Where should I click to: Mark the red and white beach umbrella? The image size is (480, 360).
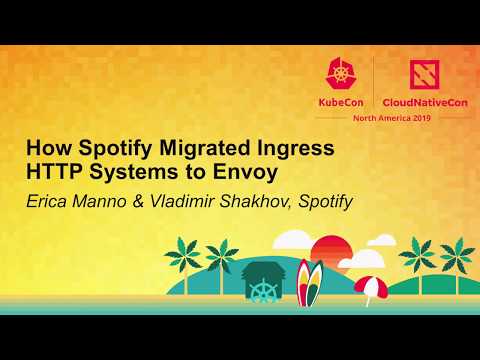click(369, 287)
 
